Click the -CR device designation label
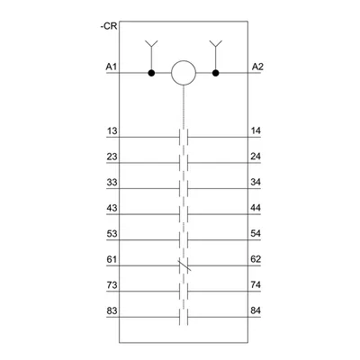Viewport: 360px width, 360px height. click(x=109, y=26)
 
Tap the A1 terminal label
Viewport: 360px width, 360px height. click(x=112, y=67)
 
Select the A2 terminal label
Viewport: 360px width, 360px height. click(x=257, y=67)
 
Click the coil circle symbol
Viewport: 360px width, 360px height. click(x=184, y=73)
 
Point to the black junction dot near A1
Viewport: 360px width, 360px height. click(x=151, y=73)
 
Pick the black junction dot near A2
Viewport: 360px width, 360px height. click(x=215, y=73)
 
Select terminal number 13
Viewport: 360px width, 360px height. click(x=112, y=131)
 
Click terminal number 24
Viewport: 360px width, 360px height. click(x=256, y=157)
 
